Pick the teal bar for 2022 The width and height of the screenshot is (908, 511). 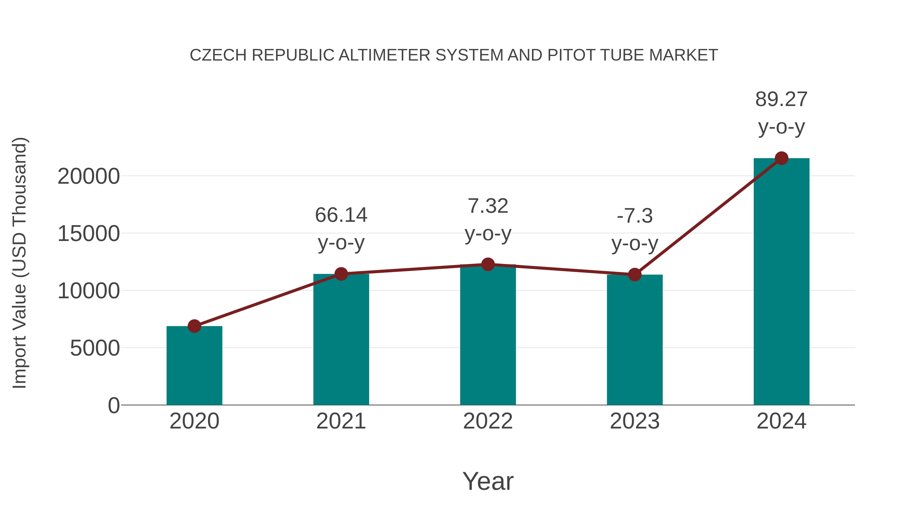tap(488, 335)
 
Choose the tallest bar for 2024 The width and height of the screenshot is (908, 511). tap(781, 282)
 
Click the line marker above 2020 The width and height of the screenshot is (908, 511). tap(194, 326)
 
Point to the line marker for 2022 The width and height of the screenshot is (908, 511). tap(488, 264)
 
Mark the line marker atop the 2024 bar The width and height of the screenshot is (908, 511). tap(781, 158)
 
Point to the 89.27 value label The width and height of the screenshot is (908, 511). tap(781, 99)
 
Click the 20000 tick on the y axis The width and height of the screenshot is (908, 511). tap(89, 176)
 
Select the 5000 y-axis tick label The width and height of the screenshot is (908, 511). tap(95, 348)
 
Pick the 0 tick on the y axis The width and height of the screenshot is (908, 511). tap(113, 406)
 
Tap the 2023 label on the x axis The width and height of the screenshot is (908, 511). tap(635, 421)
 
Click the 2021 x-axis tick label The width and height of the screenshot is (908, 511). tap(341, 421)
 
